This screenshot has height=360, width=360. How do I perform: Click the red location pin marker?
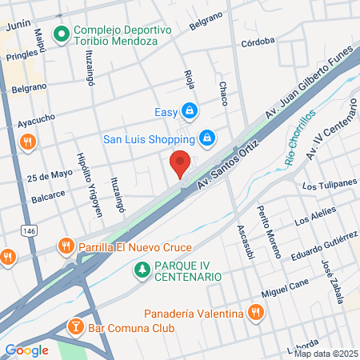coord(181,165)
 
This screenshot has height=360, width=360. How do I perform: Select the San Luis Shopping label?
coord(150,138)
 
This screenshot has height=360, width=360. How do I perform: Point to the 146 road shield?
coord(30,230)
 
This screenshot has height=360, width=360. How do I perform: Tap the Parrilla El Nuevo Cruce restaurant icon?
coord(66,247)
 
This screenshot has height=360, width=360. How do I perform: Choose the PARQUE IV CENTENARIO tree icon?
coord(142,270)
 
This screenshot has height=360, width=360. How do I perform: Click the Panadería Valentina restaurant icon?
coord(256,312)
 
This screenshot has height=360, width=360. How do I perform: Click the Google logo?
coord(27,350)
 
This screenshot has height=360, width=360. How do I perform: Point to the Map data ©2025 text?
coord(326,354)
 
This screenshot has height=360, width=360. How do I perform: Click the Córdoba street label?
coord(258,40)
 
